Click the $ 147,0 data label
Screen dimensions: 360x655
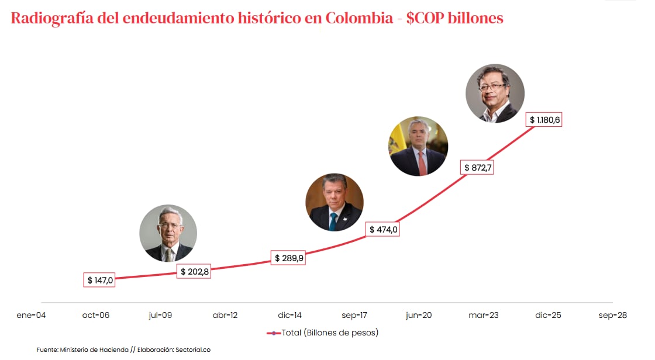[x=98, y=280]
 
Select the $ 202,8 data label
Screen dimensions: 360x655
[x=194, y=272]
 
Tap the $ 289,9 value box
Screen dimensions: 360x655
[x=289, y=258]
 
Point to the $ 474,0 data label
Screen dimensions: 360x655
[x=384, y=230]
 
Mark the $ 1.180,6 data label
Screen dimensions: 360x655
[x=544, y=120]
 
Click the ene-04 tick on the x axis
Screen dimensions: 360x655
[x=32, y=315]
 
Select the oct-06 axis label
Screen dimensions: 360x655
[x=96, y=315]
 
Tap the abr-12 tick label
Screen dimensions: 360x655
[x=225, y=315]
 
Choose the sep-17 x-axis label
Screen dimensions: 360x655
[x=354, y=315]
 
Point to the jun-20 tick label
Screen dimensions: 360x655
[x=419, y=315]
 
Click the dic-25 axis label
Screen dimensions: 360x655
[x=548, y=315]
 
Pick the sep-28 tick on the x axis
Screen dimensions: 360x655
[x=612, y=315]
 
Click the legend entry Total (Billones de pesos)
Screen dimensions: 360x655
[x=330, y=333]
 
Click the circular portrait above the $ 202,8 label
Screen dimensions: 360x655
[x=168, y=233]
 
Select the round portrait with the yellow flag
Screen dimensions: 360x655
[x=418, y=147]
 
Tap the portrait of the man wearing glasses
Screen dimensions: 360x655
[x=495, y=94]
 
